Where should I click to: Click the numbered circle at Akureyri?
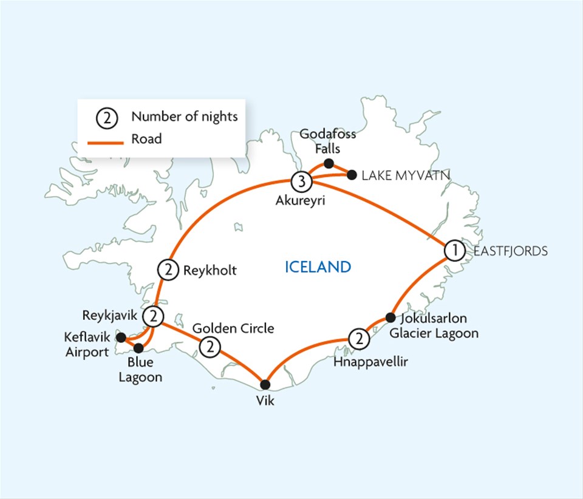302,180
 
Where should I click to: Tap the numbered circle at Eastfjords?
454,250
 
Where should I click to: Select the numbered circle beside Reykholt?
168,270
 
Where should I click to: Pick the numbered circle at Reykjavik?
154,316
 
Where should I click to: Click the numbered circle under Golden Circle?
210,348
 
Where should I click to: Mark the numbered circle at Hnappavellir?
360,339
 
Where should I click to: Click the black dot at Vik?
265,384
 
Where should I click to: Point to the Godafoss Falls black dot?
329,163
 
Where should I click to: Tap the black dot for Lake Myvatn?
352,175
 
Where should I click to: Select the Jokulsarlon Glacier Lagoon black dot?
390,317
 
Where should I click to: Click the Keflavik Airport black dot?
120,337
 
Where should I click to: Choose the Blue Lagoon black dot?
138,348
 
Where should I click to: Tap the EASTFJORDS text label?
511,250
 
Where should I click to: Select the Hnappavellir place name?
371,362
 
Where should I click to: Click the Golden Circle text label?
233,328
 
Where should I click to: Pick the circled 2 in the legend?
107,117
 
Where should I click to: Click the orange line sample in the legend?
107,139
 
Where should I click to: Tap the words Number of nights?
184,117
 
